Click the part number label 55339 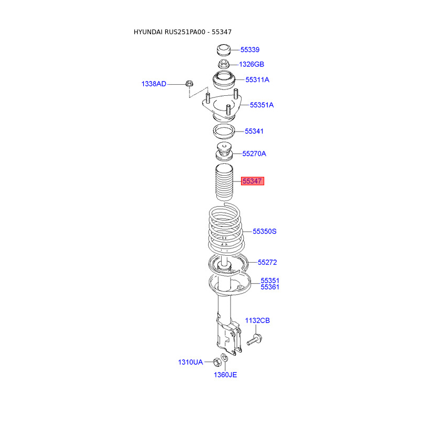(249, 49)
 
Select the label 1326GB (252, 64)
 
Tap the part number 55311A (257, 80)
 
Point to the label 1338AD (154, 84)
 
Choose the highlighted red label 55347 (253, 181)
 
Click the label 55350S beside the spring (265, 232)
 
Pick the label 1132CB (257, 320)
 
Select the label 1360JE (225, 375)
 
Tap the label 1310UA (191, 362)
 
